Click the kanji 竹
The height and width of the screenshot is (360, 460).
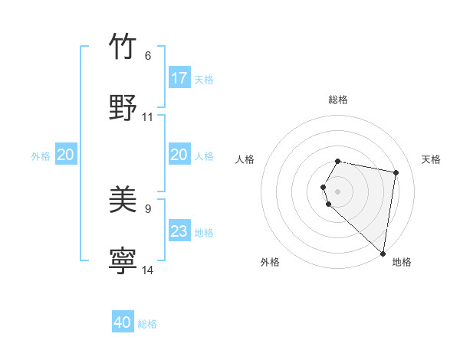point(123,47)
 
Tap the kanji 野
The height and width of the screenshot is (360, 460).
point(123,106)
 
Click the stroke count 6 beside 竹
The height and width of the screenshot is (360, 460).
point(148,56)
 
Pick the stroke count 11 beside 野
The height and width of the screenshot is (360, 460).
point(148,117)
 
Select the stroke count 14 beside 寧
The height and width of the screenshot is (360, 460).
point(148,270)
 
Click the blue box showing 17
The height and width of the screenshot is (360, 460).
point(179,78)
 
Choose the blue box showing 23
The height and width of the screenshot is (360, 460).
point(179,231)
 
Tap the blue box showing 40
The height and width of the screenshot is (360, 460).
point(123,322)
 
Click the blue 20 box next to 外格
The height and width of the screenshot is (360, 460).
point(66,155)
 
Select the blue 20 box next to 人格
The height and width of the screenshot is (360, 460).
point(179,155)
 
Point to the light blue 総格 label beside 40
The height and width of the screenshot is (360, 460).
point(147,324)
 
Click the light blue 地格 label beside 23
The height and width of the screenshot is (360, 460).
point(204,233)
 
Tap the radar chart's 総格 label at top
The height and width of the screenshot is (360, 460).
point(338,100)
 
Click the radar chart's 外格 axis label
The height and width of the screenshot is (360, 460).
point(270,262)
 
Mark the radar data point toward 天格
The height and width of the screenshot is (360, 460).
point(396,173)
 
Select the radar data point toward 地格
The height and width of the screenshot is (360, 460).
point(383,253)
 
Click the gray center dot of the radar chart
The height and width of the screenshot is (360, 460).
point(338,191)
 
